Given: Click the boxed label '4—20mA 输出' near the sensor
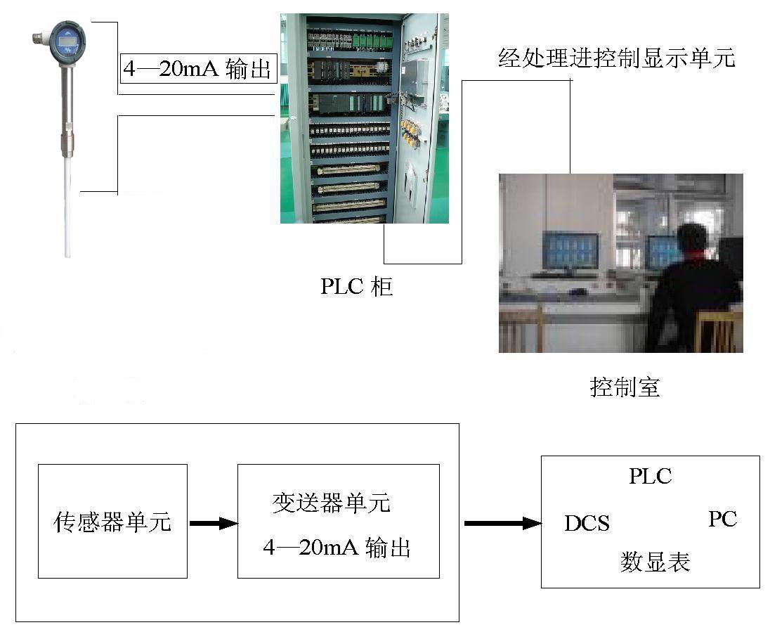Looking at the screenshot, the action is (x=198, y=68).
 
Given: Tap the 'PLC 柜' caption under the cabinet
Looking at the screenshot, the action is (x=356, y=287).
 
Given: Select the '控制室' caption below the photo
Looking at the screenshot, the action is (x=625, y=387).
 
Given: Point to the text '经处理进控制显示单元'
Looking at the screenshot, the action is (x=617, y=58).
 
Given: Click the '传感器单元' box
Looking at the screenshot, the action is (x=112, y=521).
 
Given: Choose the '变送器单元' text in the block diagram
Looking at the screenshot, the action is (x=332, y=503).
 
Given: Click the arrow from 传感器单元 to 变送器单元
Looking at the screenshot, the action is (x=213, y=524).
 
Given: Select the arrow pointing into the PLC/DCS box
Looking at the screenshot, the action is (x=502, y=524).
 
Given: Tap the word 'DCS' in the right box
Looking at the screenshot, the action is (x=587, y=524).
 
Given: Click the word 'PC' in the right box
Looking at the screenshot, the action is (x=722, y=519).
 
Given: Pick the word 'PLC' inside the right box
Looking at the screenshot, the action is (x=650, y=476).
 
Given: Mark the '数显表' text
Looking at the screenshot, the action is (x=655, y=562).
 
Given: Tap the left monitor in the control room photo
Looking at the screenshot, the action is (x=570, y=250).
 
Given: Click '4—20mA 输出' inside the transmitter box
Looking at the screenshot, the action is (x=337, y=548).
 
